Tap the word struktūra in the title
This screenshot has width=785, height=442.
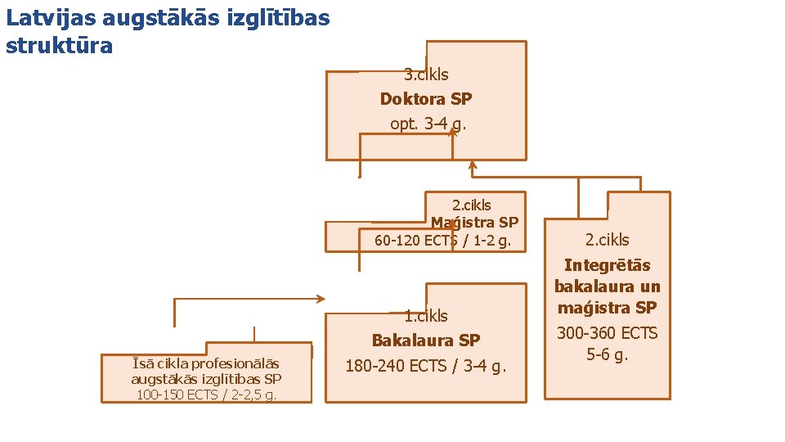coord(59,46)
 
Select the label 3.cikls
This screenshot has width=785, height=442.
coord(426,74)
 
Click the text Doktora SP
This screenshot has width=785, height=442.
coord(426,99)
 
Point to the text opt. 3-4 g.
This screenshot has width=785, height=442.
coord(426,124)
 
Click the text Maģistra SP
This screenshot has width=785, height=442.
coord(474,222)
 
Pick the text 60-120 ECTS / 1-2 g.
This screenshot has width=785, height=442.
coord(442,241)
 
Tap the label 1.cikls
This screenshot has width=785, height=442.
coord(426,315)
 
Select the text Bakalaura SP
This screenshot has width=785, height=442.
coord(426,340)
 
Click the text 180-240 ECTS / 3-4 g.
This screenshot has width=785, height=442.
coord(426,366)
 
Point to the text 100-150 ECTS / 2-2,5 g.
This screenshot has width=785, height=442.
coord(206,395)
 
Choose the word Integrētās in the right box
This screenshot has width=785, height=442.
coord(608,265)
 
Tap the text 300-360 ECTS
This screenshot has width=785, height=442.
coord(608,333)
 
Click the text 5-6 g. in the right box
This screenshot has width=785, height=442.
coord(608,355)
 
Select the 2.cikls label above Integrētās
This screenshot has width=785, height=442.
coord(608,240)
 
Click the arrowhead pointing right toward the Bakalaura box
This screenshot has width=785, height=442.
coord(321,299)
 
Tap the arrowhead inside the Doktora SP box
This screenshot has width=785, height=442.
coord(453,133)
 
